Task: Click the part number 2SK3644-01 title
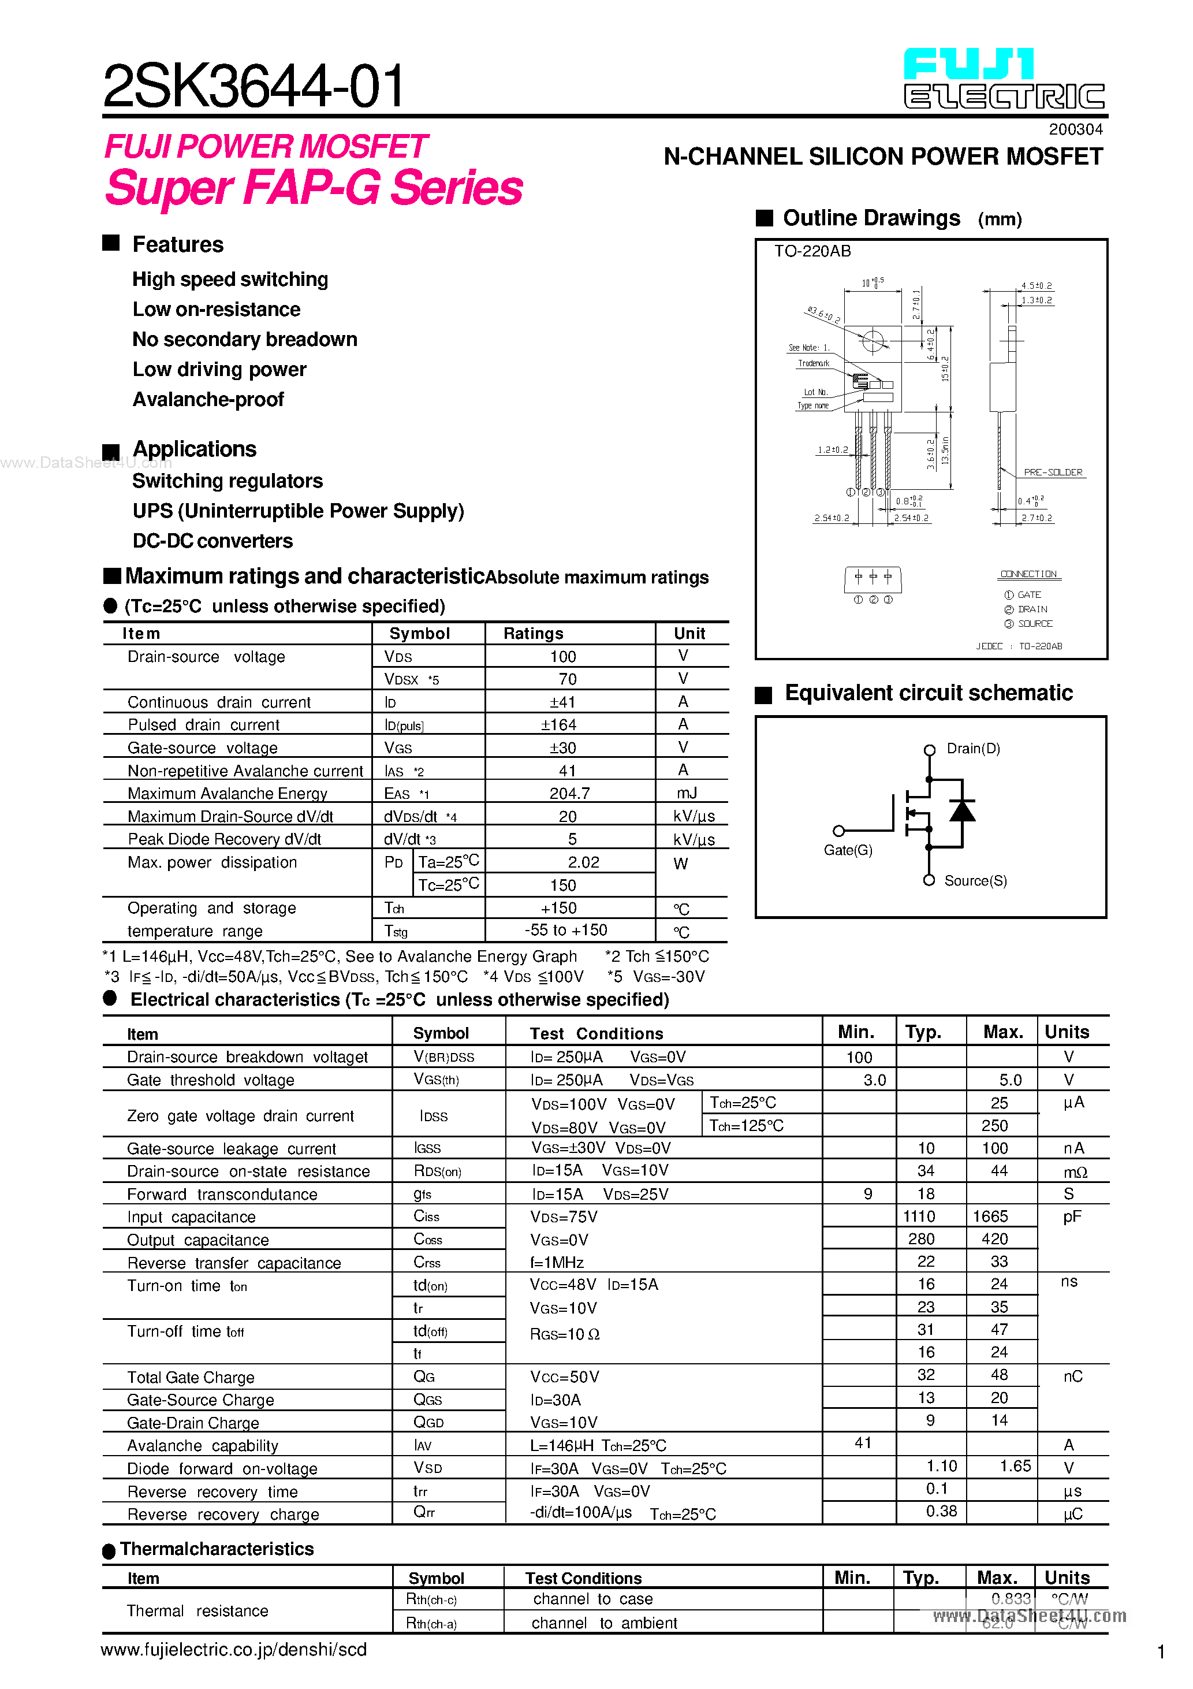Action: (x=253, y=86)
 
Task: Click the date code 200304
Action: (x=1075, y=129)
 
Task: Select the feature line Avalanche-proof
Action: (x=208, y=400)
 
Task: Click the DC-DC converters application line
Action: (x=212, y=541)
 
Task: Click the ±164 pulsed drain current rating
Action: (x=559, y=724)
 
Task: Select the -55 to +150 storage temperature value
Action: (x=566, y=931)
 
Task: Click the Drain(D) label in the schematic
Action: (x=973, y=749)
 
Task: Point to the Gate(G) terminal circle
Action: (x=838, y=831)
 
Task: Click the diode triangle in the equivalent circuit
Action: (x=962, y=810)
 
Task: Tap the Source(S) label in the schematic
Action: (x=975, y=881)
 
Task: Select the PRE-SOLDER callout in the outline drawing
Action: (x=1053, y=473)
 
